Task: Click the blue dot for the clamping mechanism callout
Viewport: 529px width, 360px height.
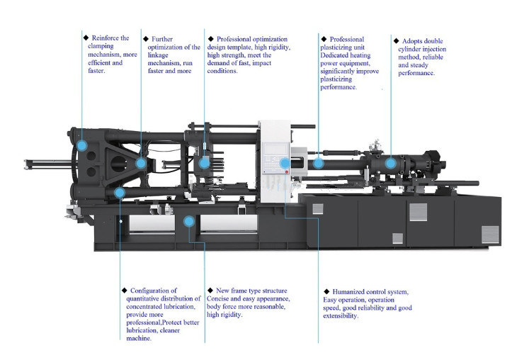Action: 82,145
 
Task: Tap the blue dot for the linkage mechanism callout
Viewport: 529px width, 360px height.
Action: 141,163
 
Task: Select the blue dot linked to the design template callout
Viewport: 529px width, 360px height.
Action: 204,163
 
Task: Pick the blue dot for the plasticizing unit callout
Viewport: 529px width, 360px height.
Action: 319,163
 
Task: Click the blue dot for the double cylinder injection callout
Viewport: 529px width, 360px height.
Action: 391,163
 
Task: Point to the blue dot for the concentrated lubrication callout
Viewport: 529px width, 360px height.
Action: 120,192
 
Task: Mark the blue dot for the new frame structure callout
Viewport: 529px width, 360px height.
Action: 188,221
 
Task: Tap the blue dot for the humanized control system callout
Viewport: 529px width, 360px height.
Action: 284,164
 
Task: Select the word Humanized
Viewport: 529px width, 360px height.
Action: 351,291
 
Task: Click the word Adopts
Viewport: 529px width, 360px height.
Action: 413,41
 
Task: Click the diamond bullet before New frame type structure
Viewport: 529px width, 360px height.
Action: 210,291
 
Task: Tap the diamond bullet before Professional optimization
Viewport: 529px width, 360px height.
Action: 210,38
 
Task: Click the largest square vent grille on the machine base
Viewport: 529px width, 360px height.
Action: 418,211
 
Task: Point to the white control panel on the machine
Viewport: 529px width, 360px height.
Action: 273,159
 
